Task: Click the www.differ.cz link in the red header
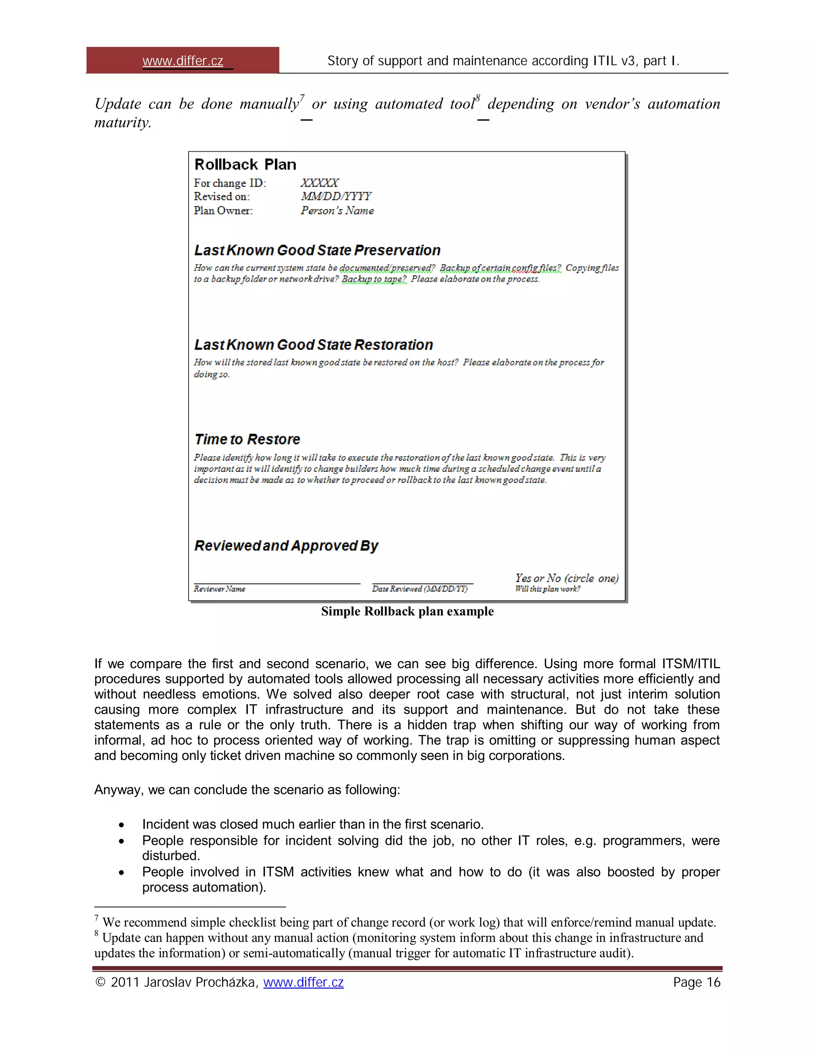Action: tap(183, 61)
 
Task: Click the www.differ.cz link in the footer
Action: tap(303, 982)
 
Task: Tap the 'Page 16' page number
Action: tap(696, 982)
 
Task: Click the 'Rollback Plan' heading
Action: tap(245, 165)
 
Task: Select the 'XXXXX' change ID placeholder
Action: tap(319, 183)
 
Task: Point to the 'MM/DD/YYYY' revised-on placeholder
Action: tap(335, 197)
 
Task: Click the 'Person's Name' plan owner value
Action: tap(337, 211)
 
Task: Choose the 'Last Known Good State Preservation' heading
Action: tap(317, 250)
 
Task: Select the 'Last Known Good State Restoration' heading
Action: tap(313, 345)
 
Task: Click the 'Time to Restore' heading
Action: tap(247, 440)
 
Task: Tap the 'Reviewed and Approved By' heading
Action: tap(286, 546)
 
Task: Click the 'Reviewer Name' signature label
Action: tap(219, 589)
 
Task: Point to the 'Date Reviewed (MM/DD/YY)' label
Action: tap(419, 589)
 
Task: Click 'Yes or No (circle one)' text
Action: tap(566, 578)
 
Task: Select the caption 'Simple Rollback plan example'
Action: tap(407, 612)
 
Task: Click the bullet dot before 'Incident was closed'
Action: tap(122, 825)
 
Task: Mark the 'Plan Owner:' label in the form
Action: tap(223, 211)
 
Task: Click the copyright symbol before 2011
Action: tap(100, 982)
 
